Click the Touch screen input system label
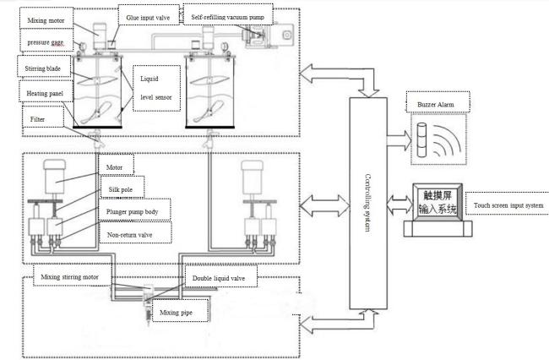(x=504, y=205)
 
